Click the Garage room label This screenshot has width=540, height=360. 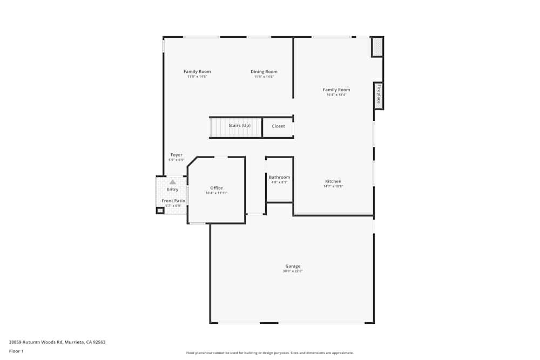[x=293, y=266]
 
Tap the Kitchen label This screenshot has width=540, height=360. [x=333, y=181]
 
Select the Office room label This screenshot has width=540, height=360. [x=216, y=188]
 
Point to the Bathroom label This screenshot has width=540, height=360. [x=279, y=177]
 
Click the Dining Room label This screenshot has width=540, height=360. [x=264, y=72]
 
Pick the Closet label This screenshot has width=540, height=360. [x=278, y=126]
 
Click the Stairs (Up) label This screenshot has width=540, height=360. [x=239, y=126]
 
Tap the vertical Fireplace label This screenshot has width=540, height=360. [x=379, y=95]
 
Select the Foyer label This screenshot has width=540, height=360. [x=177, y=155]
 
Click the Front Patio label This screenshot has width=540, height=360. [x=173, y=201]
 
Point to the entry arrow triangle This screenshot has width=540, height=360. [x=173, y=182]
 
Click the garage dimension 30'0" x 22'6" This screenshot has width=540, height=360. [x=293, y=271]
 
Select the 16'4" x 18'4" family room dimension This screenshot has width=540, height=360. [x=336, y=95]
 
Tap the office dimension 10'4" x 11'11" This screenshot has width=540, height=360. [x=216, y=193]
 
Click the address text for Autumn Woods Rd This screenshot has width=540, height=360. [x=57, y=342]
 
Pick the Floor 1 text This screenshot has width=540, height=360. [x=16, y=351]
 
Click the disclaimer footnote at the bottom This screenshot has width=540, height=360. [x=269, y=353]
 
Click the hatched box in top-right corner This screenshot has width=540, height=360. [x=377, y=47]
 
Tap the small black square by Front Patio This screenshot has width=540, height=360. [x=160, y=210]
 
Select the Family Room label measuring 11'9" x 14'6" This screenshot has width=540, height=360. [x=197, y=72]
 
